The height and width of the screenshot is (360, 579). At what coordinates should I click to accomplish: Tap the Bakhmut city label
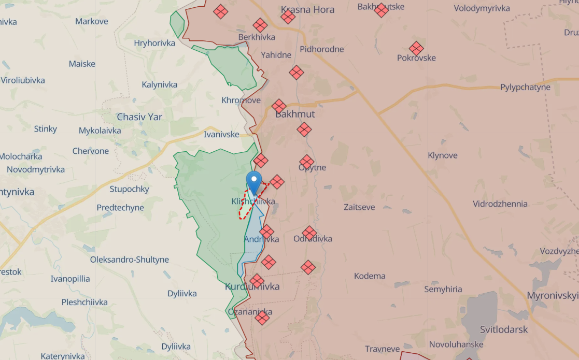[295, 114]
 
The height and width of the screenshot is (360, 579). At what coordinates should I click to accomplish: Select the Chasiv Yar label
[139, 117]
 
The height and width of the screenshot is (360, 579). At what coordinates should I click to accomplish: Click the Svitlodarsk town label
[503, 329]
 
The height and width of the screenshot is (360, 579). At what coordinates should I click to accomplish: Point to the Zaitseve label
[360, 207]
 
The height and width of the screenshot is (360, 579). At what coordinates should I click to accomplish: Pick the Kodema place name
[370, 276]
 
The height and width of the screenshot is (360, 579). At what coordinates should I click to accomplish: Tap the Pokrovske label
[416, 58]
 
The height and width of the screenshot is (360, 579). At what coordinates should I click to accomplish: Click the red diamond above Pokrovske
[416, 48]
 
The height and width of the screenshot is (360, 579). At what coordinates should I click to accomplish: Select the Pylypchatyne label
[525, 87]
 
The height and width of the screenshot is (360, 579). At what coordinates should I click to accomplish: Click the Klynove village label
[443, 155]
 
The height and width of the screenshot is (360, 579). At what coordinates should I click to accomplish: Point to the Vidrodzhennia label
[500, 204]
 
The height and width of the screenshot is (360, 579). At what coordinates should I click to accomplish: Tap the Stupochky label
[129, 189]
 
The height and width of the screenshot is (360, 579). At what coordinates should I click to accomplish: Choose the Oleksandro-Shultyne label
[130, 260]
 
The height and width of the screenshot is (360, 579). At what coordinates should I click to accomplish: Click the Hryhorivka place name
[154, 43]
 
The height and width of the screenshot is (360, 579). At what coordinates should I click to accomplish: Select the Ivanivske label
[221, 134]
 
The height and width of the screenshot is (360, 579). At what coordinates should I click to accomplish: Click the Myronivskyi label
[552, 296]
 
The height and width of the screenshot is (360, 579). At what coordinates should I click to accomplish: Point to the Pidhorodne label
[321, 49]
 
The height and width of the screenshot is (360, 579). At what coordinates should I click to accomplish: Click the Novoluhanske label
[456, 344]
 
